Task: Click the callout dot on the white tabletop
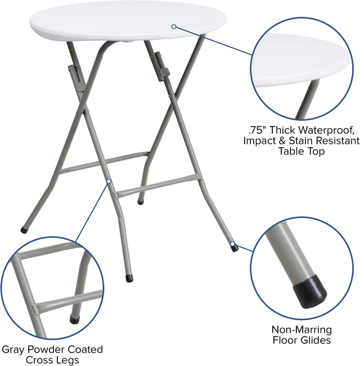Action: [174, 26]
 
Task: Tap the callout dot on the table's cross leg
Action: [109, 181]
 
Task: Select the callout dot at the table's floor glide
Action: [232, 244]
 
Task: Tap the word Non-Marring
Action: [301, 329]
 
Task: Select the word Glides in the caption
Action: [316, 340]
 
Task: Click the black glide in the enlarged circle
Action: [309, 292]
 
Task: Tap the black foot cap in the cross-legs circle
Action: [75, 319]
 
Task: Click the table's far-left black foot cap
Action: [24, 231]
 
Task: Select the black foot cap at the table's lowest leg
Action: [129, 278]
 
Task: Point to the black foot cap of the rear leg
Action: [140, 202]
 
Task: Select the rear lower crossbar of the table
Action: [104, 162]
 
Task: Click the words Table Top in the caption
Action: [301, 151]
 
